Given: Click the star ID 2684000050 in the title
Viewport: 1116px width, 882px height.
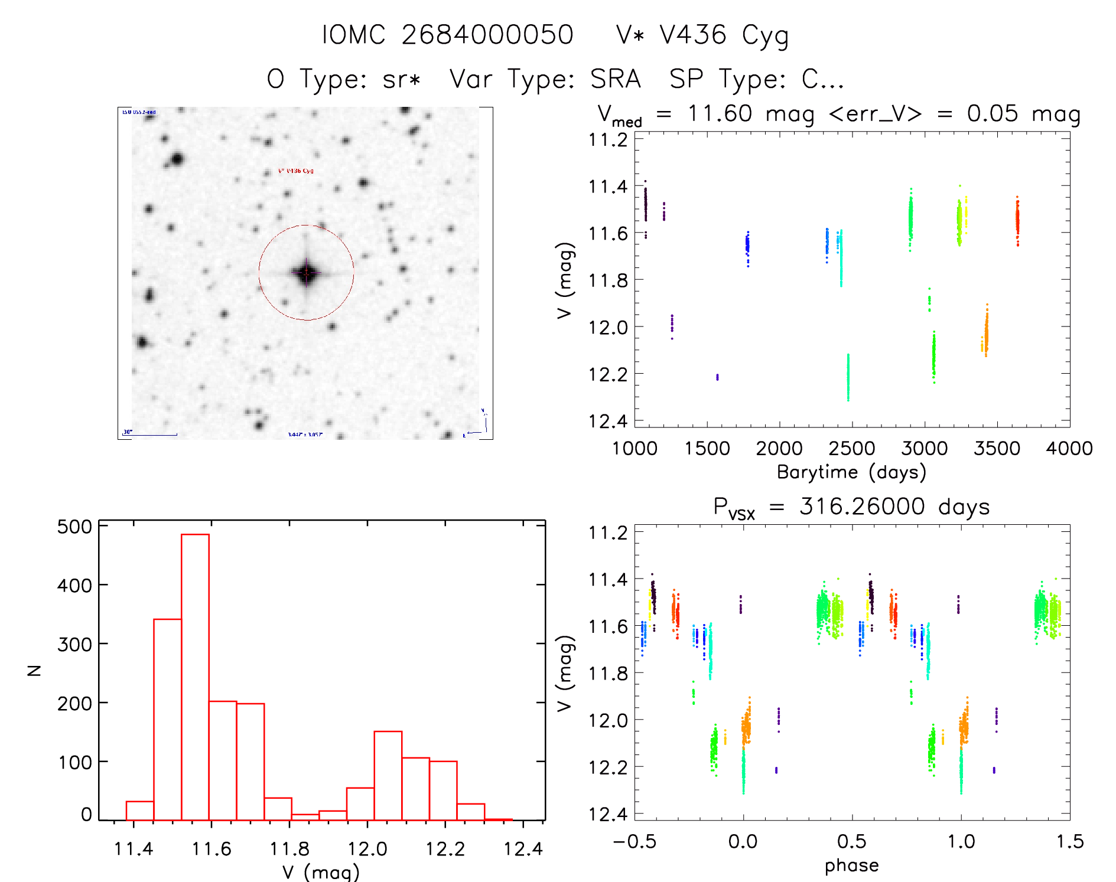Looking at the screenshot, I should click(487, 35).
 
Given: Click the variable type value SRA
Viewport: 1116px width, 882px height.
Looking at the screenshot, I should click(616, 79).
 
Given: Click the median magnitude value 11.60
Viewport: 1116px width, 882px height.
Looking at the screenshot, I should click(720, 113).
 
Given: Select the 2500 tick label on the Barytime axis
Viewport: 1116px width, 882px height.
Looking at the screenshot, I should click(851, 449).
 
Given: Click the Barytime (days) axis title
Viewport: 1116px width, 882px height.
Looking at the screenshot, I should click(851, 472).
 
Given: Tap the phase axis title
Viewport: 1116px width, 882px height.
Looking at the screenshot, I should click(851, 865).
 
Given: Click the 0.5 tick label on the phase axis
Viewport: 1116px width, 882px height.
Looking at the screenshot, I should click(851, 842).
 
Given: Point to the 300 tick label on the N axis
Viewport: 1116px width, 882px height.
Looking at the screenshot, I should click(74, 644).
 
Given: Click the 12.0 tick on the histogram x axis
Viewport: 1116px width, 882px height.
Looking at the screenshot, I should click(367, 849).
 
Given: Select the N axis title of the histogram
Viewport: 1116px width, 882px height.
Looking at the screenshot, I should click(35, 670).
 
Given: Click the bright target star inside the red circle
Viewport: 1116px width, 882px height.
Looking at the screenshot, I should click(306, 273).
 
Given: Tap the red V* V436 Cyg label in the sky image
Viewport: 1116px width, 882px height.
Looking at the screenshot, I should click(296, 171).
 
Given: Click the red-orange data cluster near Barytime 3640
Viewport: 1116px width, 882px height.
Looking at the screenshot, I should click(1017, 221).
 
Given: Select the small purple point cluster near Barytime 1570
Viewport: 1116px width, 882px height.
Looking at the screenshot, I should click(717, 377).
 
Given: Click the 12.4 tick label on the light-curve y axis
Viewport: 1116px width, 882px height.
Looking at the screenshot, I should click(608, 421).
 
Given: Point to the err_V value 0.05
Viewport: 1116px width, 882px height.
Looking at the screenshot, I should click(993, 113).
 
